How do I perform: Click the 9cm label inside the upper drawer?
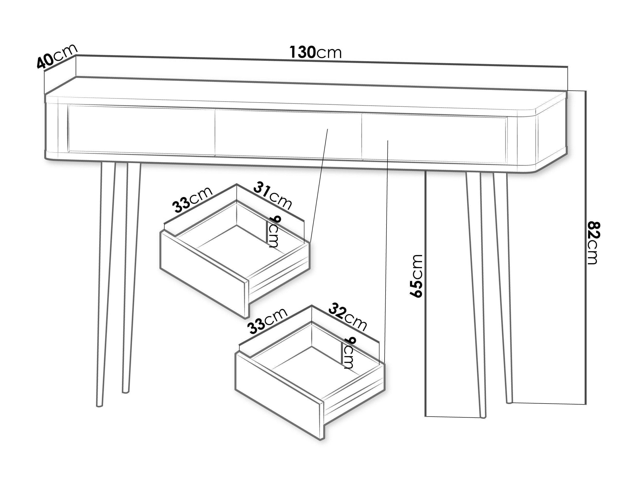point(273,232)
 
